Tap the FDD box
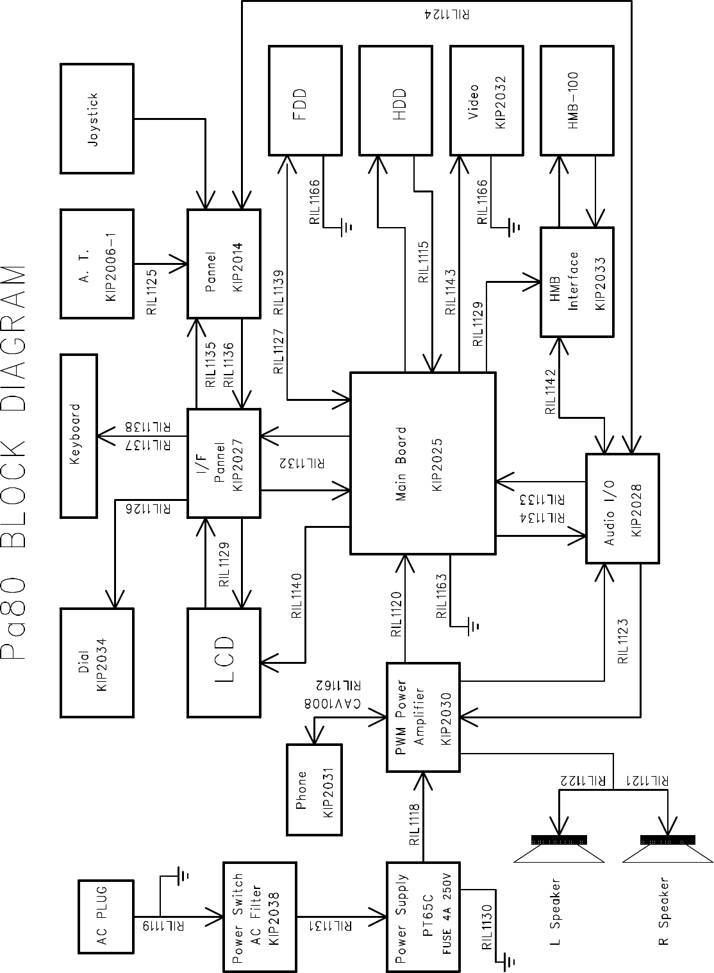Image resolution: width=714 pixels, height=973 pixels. [x=304, y=100]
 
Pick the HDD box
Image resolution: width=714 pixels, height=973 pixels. [x=395, y=100]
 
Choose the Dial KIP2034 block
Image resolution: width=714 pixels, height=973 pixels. [x=97, y=662]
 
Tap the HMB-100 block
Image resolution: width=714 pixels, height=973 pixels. [x=577, y=100]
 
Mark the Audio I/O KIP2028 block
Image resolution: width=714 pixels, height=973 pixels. [x=622, y=508]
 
